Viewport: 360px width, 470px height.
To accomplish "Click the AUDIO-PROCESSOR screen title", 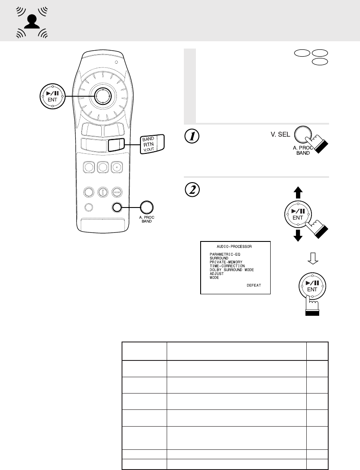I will (x=235, y=247).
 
